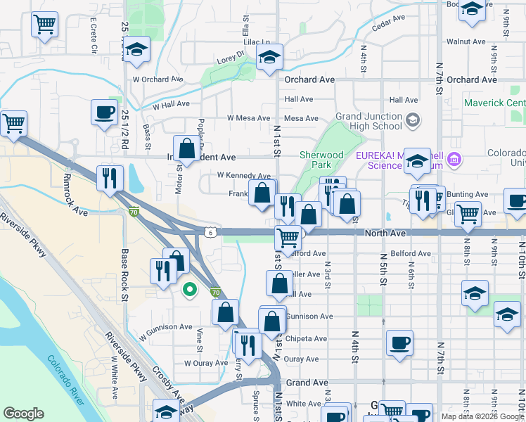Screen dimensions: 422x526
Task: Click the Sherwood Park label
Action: pos(321,160)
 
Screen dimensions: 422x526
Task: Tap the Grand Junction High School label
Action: pos(369,121)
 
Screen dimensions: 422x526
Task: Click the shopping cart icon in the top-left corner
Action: pos(44,25)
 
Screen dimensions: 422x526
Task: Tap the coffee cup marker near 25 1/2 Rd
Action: pos(105,112)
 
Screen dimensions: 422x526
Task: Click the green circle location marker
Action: pos(189,288)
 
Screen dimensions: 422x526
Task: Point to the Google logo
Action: pos(23,414)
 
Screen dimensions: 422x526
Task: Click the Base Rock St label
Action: pos(124,275)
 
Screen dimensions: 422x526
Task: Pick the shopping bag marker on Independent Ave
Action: pos(187,149)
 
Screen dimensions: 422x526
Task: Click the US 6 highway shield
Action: pos(211,231)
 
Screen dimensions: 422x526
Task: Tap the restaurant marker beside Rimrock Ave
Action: pos(111,178)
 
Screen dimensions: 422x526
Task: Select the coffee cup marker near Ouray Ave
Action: pos(400,343)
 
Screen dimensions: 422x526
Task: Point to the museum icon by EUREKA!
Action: pos(454,159)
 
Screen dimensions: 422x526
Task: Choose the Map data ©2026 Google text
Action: pos(482,416)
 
